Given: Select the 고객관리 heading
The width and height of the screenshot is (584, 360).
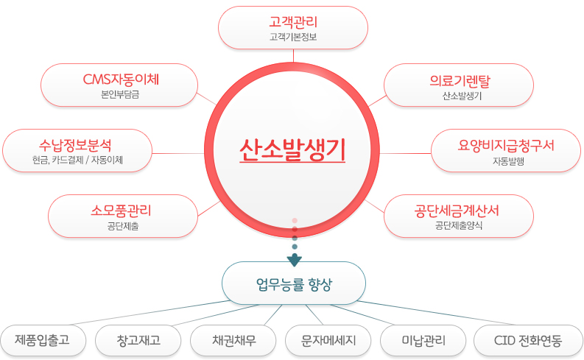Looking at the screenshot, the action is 293,22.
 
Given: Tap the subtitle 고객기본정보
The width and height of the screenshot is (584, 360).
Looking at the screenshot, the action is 293,37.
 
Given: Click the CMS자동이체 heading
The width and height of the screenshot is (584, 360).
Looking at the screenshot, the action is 121,80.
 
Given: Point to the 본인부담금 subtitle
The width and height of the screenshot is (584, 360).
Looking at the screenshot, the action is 120,94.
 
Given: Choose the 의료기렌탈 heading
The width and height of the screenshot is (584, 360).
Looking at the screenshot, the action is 460,81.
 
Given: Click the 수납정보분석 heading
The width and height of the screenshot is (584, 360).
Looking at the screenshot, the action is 75,145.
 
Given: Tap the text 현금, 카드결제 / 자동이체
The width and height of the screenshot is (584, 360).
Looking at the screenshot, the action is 77,160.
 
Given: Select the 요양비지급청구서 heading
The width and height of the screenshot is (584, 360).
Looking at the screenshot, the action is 506,145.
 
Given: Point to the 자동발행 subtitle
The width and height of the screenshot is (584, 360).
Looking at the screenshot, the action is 508,161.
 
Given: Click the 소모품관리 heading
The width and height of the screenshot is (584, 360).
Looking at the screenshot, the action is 121,211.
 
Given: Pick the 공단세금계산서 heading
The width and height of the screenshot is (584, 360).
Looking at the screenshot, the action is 457,211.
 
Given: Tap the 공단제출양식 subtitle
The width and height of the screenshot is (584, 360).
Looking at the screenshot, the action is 459,225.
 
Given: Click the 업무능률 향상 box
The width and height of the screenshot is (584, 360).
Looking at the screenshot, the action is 294,283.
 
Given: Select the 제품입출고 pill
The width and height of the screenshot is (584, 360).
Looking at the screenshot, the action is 43,340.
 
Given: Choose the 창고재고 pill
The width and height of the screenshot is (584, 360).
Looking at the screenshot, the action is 138,340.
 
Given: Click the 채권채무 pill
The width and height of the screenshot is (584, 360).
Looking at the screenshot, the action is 233,340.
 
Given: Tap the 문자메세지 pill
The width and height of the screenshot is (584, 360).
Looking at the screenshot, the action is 328,340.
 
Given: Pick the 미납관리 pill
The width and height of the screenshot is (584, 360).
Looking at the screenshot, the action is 423,340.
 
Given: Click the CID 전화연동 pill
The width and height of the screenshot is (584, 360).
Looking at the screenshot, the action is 528,340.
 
